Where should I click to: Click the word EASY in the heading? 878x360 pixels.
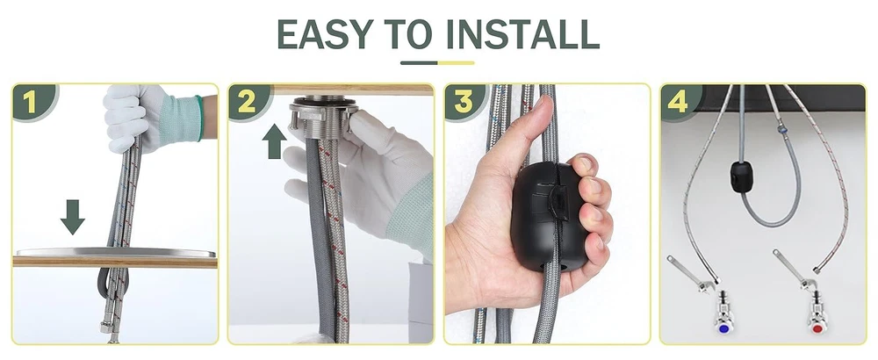coord(325,34)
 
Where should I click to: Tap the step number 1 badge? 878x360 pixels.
coord(31,102)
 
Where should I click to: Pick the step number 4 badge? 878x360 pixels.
coord(680,102)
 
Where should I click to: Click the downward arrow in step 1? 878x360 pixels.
coord(73,217)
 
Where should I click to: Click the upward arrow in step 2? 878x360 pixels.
coord(274,141)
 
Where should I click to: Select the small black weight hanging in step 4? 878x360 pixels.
coord(741,176)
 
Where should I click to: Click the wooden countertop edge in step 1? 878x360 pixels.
coord(115,262)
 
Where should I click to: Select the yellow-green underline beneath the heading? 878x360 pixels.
coord(437,62)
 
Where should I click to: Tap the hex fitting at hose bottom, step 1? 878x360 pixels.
coord(106,328)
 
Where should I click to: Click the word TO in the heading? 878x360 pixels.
coord(407,34)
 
